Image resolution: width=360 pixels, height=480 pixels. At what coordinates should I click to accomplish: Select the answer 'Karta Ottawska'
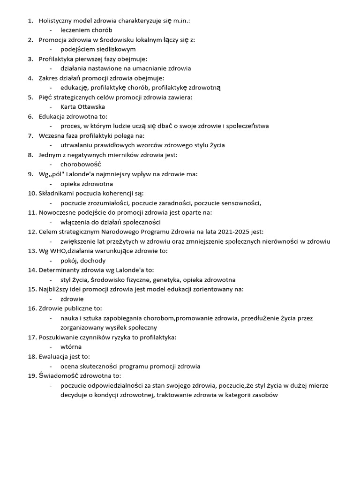82,107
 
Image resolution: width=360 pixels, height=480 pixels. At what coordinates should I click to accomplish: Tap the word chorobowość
81,165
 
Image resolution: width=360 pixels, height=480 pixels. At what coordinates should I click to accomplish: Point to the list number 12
31,232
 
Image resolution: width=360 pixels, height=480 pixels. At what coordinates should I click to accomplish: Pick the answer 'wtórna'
71,347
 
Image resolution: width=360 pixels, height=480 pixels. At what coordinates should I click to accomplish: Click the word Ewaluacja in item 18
54,357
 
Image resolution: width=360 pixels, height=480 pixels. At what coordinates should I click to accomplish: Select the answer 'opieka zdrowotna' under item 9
87,184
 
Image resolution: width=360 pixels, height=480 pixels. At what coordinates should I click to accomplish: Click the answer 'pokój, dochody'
83,261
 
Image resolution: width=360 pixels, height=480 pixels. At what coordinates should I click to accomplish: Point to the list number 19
31,376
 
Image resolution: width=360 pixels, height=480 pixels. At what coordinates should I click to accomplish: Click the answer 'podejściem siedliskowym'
98,49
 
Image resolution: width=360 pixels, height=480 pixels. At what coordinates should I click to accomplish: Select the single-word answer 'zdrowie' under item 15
72,299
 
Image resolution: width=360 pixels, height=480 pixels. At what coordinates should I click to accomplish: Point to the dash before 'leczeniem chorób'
51,30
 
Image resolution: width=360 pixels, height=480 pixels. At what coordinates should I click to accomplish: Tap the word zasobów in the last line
264,395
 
